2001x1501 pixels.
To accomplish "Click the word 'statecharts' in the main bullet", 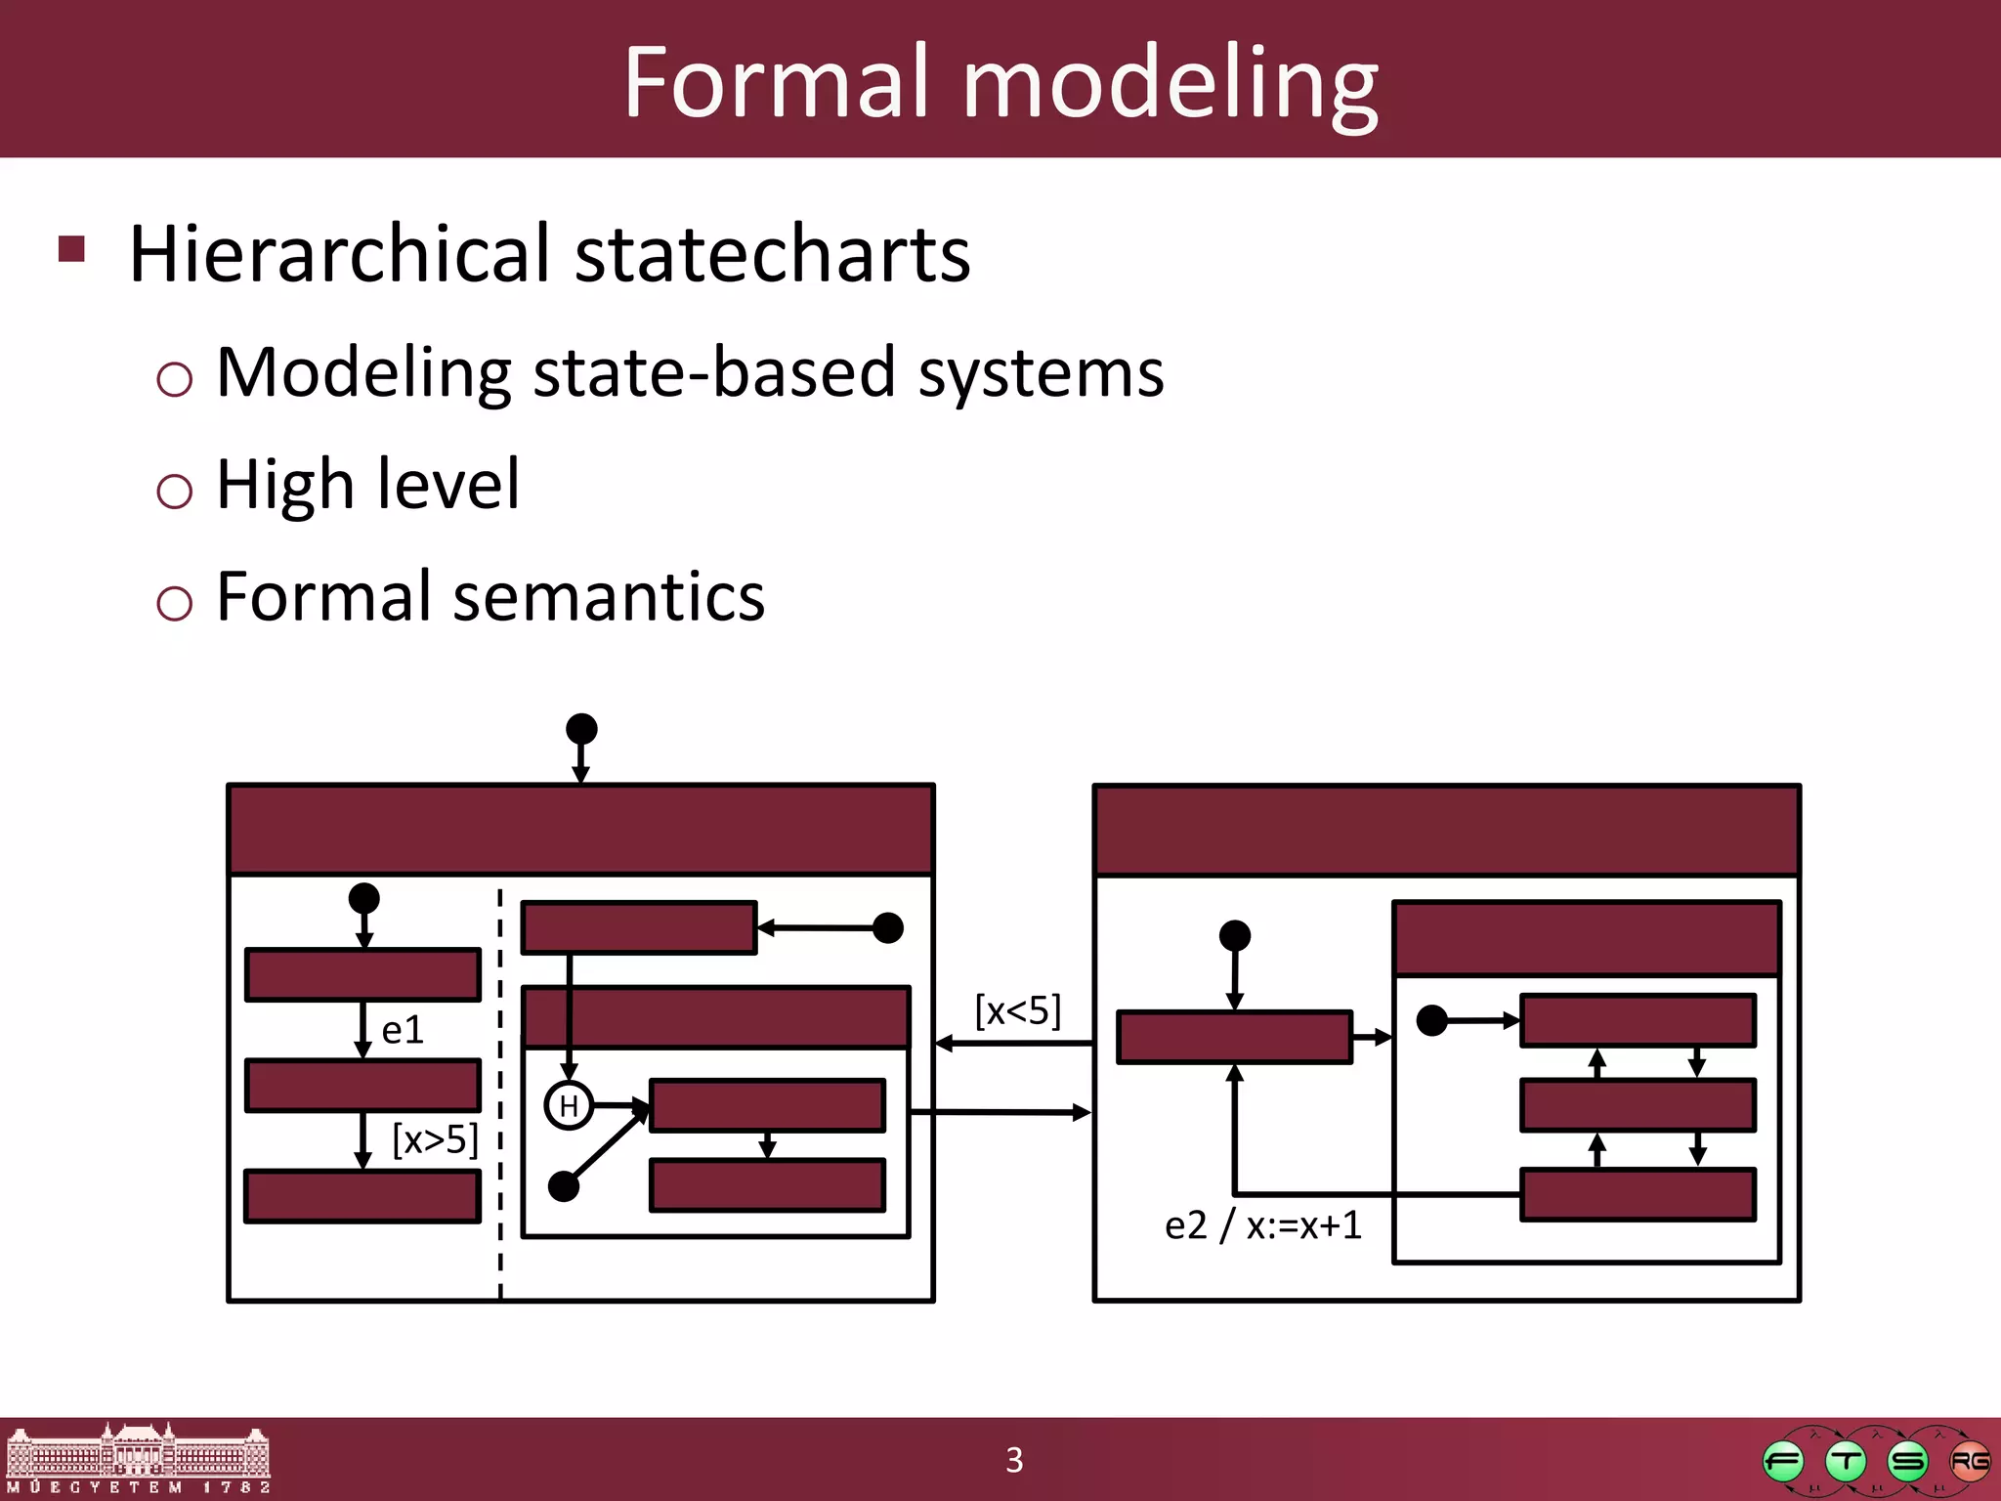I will click(772, 254).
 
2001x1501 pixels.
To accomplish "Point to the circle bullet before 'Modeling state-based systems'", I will click(174, 378).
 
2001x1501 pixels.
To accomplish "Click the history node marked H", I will click(569, 1106).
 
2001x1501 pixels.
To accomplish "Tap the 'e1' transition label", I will click(403, 1030).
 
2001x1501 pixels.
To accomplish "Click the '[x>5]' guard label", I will click(435, 1139).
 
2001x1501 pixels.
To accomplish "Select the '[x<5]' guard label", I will click(1018, 1009).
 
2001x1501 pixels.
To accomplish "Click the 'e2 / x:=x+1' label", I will click(1262, 1225).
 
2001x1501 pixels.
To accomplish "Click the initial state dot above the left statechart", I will click(581, 729).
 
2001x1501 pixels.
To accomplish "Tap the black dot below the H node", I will click(564, 1186).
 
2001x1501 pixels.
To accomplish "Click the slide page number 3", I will click(1014, 1460).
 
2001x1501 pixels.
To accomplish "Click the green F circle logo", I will click(1783, 1462).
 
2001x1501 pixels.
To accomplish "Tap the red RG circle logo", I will click(1969, 1461).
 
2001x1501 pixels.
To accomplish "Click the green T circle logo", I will click(1846, 1462).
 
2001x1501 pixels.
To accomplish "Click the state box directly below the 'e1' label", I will click(362, 1086).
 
